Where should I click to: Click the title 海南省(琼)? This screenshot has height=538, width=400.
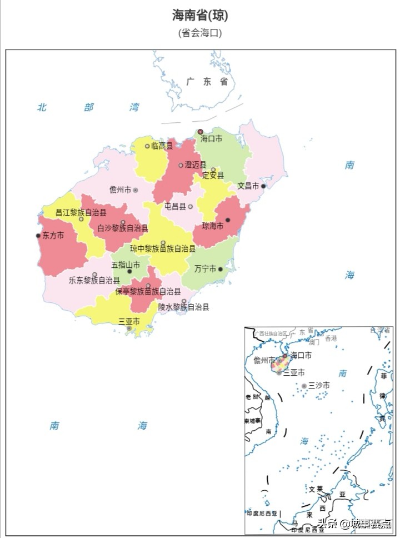(200, 15)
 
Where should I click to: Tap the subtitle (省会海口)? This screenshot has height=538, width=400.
(200, 33)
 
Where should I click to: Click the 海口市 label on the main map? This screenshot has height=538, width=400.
(212, 139)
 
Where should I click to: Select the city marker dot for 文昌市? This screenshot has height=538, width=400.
(263, 186)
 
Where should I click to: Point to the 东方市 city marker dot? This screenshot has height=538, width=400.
(38, 236)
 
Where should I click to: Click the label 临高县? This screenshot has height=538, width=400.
(162, 146)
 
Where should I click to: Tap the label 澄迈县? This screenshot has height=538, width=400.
(196, 165)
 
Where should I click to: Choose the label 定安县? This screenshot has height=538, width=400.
(213, 176)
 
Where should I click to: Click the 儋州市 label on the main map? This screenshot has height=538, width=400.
(120, 190)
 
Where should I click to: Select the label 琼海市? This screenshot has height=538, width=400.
(212, 226)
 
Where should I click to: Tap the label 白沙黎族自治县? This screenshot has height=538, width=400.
(123, 228)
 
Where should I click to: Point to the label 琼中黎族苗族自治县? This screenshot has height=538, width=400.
(163, 248)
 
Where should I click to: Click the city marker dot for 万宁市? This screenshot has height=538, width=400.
(221, 269)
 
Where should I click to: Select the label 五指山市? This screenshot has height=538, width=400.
(125, 265)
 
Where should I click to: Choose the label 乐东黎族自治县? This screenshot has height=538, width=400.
(94, 281)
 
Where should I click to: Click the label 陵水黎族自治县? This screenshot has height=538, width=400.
(183, 306)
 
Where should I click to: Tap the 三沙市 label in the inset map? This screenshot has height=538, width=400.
(319, 385)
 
